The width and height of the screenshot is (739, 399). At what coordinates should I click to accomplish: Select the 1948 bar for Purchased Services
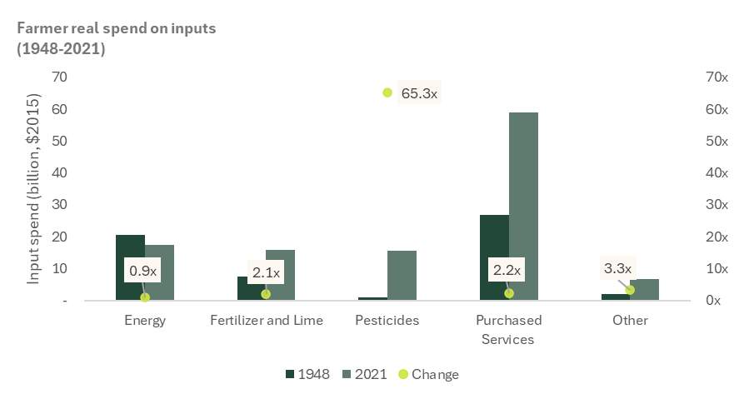point(494,257)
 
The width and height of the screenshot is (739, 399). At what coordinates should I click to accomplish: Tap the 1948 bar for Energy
point(130,267)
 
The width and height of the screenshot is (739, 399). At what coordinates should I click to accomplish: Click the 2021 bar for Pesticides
point(402,275)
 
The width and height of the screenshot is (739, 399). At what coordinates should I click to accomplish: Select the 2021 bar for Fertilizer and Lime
point(281,275)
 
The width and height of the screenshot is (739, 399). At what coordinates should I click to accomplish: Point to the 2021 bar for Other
point(644,289)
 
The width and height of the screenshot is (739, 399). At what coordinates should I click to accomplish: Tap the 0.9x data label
point(142,271)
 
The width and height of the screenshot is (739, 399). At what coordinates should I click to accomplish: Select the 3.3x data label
point(617,268)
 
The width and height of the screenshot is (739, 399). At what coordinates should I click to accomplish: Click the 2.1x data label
point(266,271)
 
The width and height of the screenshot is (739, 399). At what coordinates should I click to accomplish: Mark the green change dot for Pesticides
point(387,92)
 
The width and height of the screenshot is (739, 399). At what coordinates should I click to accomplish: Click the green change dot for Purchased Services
point(509,293)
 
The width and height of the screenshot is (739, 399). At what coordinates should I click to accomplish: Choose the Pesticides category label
point(387,320)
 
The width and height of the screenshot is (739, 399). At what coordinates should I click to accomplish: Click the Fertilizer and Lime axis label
point(266,320)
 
